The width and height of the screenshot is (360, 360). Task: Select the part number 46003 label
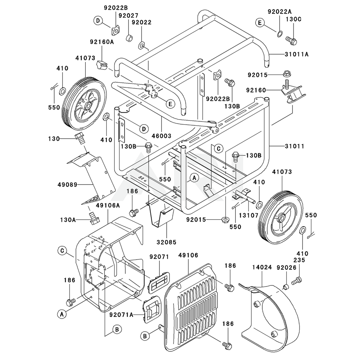161,136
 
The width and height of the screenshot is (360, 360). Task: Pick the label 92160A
102,42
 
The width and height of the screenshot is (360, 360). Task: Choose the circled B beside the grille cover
144,336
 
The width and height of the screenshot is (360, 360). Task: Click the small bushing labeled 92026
285,287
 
